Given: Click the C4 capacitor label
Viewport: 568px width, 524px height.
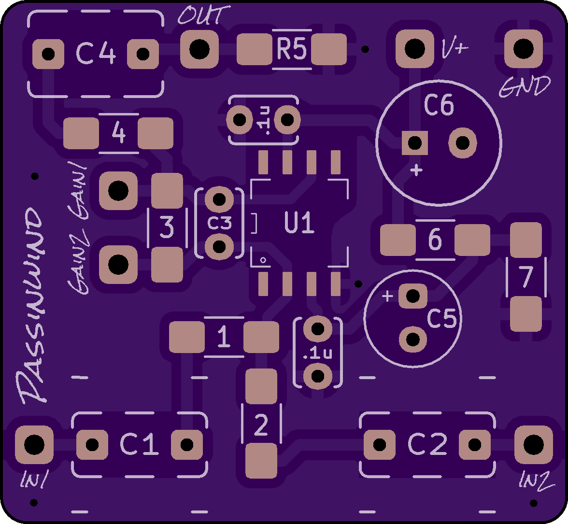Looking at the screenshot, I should coord(96,54).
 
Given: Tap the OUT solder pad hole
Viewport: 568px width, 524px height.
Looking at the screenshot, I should coord(199,48).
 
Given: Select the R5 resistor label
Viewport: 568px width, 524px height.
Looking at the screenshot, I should coord(291,49).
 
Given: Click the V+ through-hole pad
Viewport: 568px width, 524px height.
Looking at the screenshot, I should coord(413,48).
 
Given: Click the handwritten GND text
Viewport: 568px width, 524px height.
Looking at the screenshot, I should coord(524,87).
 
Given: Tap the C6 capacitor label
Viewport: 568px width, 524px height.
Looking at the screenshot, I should coord(439,105).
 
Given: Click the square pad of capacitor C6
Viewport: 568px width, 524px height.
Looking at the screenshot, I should coord(415,143).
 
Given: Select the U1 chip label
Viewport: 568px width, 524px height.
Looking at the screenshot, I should coord(299,224).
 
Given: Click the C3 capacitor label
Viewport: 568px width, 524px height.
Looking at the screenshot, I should coord(220,223).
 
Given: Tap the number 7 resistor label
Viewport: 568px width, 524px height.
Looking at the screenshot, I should coord(525,277).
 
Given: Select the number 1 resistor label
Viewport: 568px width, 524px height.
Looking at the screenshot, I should coord(224,337).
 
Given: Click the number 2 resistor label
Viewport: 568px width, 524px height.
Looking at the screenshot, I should coord(261,425).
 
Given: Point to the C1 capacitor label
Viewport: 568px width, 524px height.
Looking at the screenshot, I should coord(139,444).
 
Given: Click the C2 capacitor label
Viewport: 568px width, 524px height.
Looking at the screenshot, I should coord(427,444).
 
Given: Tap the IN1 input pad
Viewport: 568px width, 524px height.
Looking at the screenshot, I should coord(34,443).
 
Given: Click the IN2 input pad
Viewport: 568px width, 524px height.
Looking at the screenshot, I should coord(533,443).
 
